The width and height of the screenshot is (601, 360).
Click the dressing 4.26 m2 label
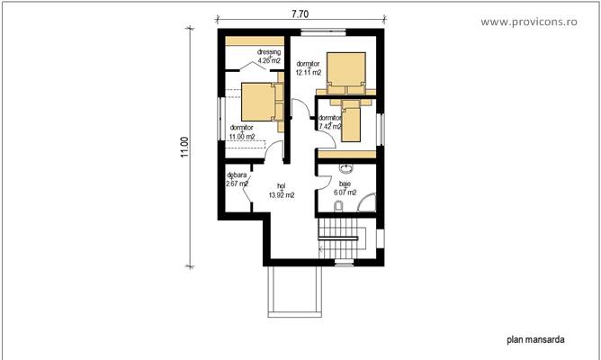click(x=268, y=56)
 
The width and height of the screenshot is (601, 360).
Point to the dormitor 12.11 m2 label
click(x=309, y=67)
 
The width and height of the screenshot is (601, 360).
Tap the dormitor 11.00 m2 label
click(x=242, y=131)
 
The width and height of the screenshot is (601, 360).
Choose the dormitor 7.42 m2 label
click(x=330, y=121)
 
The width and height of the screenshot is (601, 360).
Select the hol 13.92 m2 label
click(x=281, y=191)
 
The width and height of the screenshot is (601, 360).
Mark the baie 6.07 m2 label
click(x=345, y=188)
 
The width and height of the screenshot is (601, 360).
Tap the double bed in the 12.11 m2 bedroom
click(x=346, y=71)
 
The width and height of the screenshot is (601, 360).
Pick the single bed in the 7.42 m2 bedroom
click(x=351, y=121)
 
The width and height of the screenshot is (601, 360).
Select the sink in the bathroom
click(x=345, y=169)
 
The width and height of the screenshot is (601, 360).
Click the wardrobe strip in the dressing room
click(x=252, y=40)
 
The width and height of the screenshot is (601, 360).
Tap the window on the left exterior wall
click(x=219, y=118)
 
